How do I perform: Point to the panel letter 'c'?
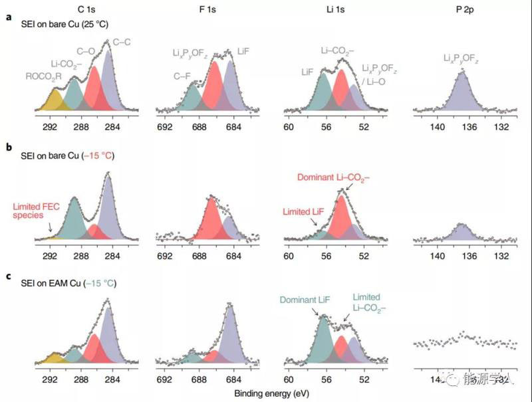click(9, 274)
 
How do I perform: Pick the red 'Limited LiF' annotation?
click(306, 211)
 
